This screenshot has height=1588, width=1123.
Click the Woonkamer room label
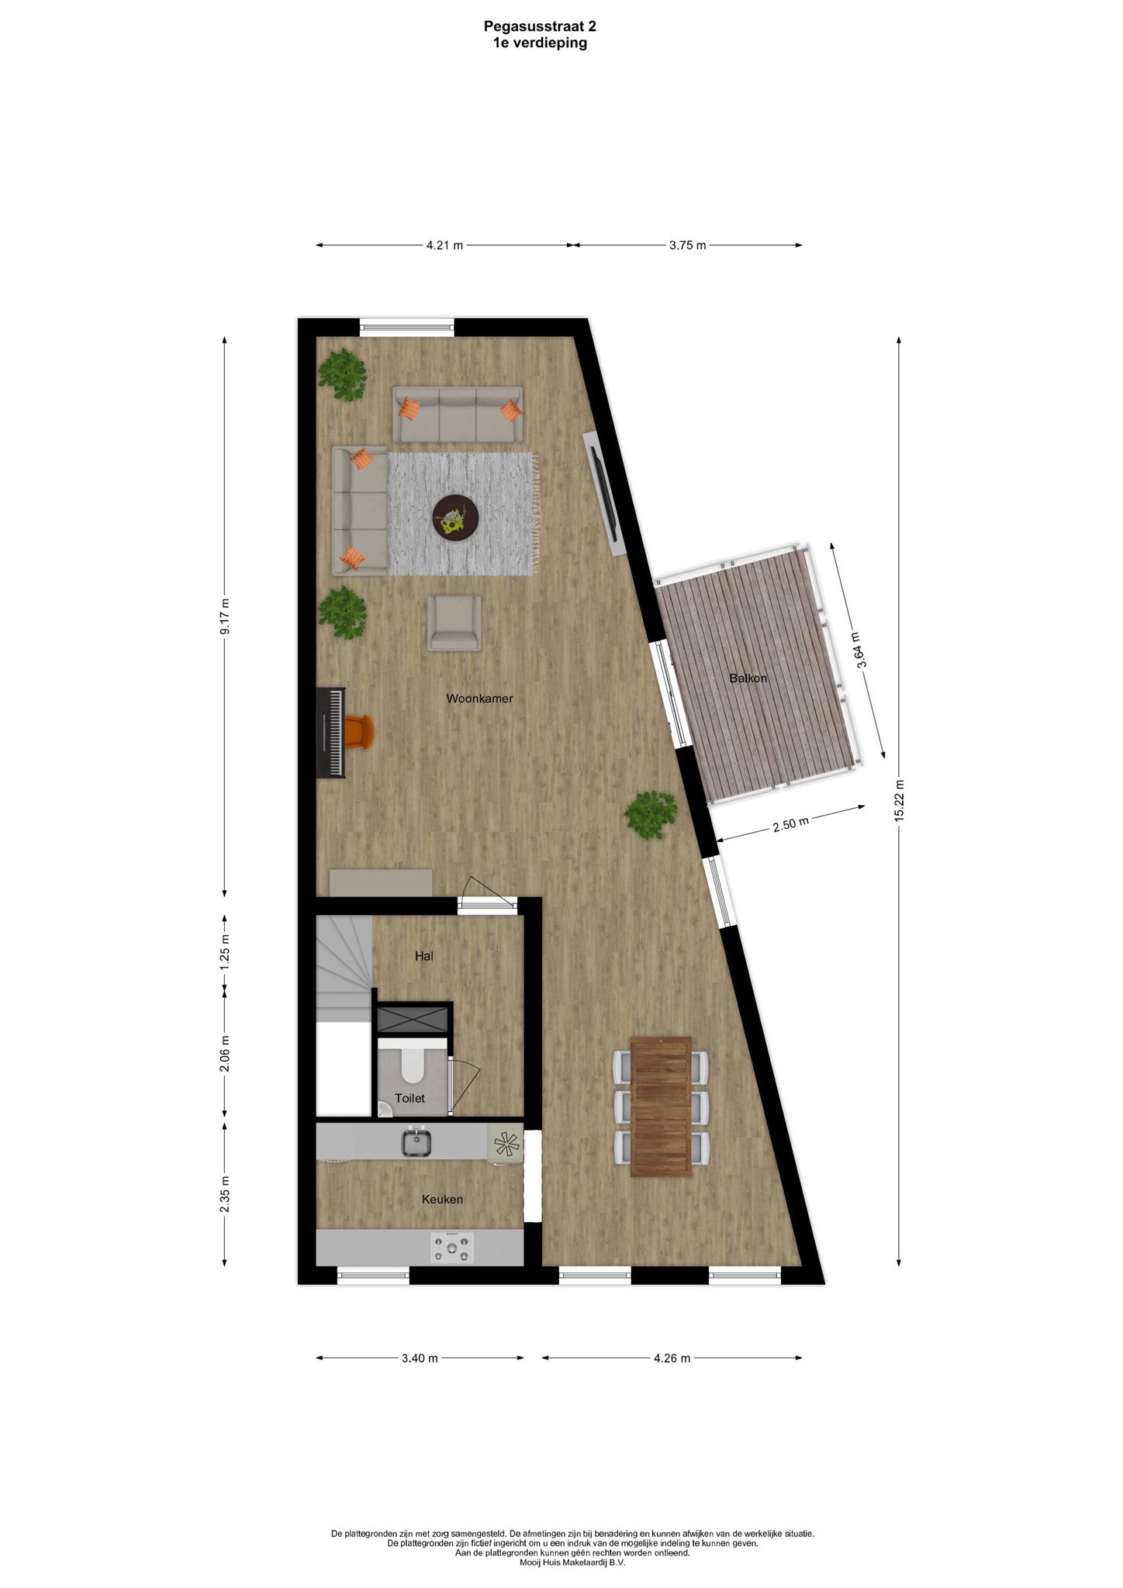(479, 699)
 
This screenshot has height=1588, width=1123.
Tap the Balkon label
(748, 678)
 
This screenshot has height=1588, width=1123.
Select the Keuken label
(442, 1200)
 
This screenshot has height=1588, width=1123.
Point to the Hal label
(423, 957)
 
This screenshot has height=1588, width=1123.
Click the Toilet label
(409, 1099)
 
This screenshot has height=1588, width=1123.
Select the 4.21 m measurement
(444, 246)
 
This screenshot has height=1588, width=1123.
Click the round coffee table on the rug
(455, 517)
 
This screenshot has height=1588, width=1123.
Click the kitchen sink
(416, 1142)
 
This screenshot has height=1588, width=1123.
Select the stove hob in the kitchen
(452, 1248)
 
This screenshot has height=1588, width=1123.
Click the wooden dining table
(661, 1106)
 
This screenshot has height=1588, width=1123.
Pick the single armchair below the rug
(455, 623)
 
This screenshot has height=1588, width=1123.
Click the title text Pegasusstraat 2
(540, 26)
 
